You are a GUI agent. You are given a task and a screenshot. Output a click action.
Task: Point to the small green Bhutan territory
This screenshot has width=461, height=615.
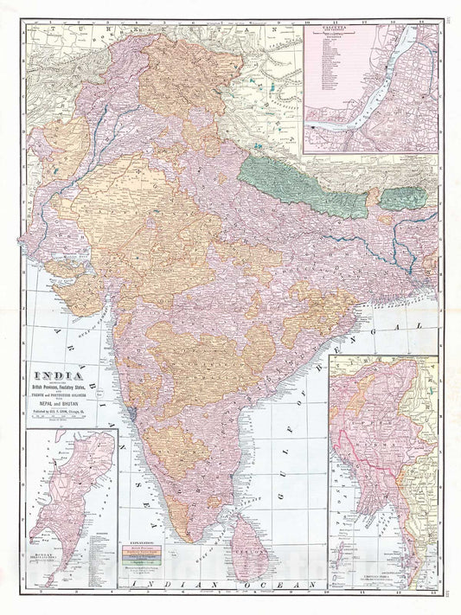tap(402, 198)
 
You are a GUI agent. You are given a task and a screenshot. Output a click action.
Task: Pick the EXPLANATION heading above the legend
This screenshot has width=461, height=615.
tap(144, 541)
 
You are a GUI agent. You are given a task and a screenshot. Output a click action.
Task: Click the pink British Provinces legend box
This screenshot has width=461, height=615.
tap(145, 548)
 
